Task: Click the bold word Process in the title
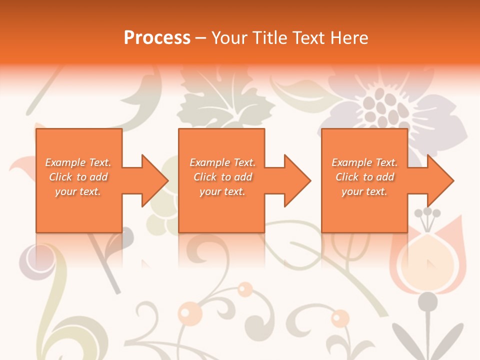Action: (157, 38)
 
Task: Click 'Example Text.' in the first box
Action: (78, 162)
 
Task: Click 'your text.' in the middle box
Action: (222, 191)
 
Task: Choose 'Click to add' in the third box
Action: (365, 177)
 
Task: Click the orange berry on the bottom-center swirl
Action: (245, 288)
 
